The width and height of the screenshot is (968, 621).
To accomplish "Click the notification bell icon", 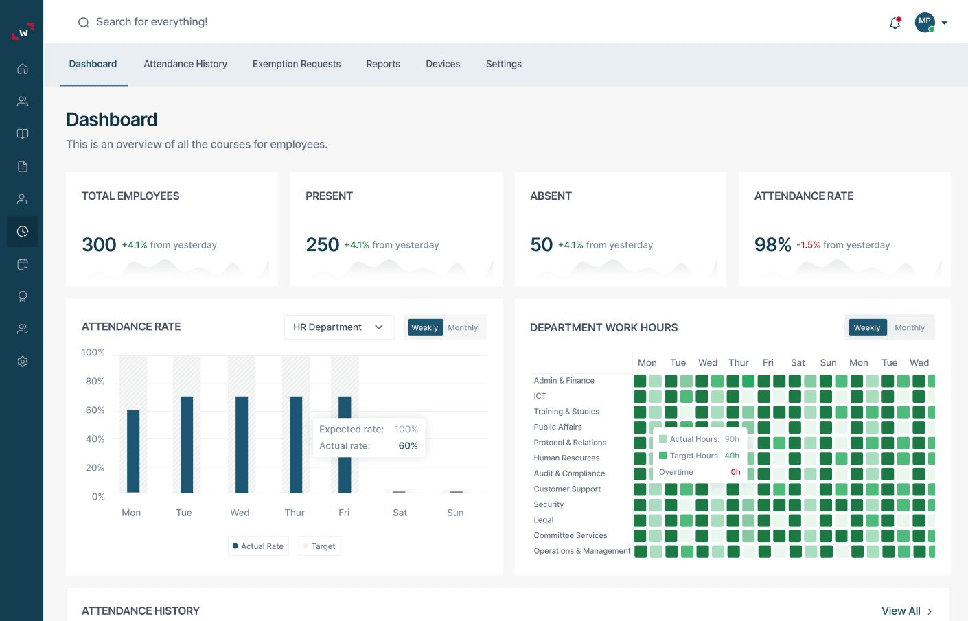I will point(895,23).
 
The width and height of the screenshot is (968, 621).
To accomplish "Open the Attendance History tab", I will point(185,64).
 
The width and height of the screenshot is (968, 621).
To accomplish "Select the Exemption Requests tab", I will point(297,64).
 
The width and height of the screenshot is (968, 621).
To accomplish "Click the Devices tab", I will point(443,64).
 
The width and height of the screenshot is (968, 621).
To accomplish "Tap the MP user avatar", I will point(925,22).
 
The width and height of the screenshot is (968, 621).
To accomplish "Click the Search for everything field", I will point(152,22).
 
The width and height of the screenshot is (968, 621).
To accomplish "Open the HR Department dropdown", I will point(338,327).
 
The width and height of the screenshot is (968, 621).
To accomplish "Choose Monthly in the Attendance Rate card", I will point(463,328).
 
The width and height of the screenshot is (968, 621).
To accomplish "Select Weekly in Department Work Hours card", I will point(866,328).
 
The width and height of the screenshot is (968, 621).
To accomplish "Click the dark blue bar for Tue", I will point(187,444).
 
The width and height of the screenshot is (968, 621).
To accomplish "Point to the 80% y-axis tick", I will point(95,382).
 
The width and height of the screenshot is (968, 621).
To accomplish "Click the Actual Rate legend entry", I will point(258,546).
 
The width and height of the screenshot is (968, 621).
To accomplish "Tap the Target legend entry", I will point(319,546).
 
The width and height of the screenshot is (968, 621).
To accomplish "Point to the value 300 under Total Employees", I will point(99,245).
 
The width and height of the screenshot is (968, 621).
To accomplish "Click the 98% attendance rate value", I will point(772,245).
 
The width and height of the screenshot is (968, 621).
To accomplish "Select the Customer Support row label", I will point(567,489).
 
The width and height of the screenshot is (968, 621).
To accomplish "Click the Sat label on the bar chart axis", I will point(400,513).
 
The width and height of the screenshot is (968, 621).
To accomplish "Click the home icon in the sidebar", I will point(23,69).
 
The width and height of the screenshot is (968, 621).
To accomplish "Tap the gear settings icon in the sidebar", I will point(23,362).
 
